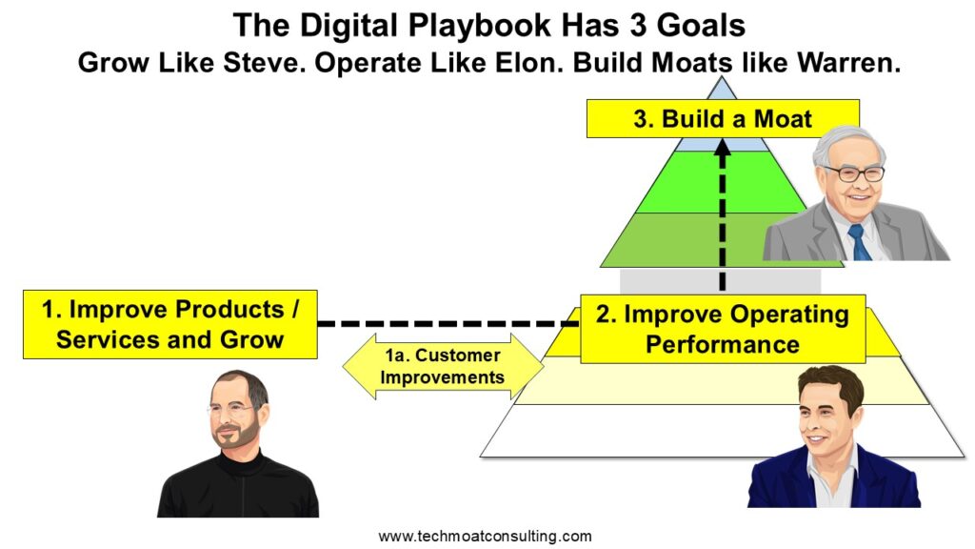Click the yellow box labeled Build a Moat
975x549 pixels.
click(x=723, y=118)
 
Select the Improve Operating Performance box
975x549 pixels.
click(x=723, y=329)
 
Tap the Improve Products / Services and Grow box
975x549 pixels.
click(x=169, y=324)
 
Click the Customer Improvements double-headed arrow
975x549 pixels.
click(x=443, y=366)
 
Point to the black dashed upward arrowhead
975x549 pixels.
click(x=723, y=148)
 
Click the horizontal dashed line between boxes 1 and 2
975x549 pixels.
click(x=448, y=324)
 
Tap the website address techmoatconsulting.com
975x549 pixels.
click(x=485, y=536)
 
